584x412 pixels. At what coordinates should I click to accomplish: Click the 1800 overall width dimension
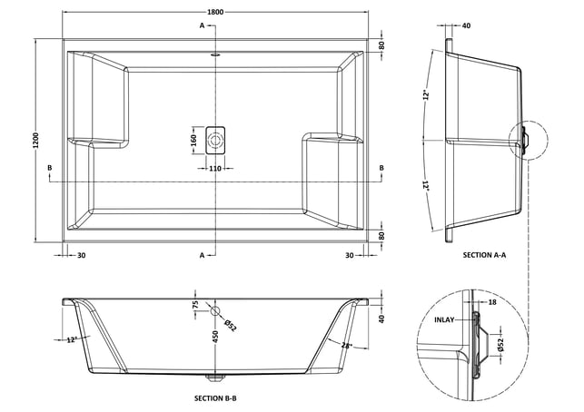coord(215,12)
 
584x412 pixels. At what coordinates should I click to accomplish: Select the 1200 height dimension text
coord(36,140)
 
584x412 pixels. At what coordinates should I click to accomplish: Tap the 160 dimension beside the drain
coord(193,141)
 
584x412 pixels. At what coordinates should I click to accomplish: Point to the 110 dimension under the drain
coord(215,169)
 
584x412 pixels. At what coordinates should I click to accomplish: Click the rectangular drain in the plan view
coord(215,141)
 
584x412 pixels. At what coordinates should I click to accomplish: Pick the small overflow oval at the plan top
coord(215,54)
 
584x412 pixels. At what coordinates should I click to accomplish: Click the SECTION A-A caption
coord(484,255)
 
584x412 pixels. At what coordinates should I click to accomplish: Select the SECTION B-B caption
coord(215,398)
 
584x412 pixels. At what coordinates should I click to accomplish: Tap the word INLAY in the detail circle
coord(444,319)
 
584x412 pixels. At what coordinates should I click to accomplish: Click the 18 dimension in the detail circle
coord(492,302)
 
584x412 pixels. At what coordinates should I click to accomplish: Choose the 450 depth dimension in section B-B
coord(215,337)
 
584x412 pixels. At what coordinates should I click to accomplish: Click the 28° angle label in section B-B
coord(346,346)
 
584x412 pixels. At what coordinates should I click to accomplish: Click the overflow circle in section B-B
coord(215,310)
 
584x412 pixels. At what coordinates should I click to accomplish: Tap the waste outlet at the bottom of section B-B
coord(215,378)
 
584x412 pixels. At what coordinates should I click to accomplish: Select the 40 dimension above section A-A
coord(466,25)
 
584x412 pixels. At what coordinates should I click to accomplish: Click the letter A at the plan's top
coord(202,25)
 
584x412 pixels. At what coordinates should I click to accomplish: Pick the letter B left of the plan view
coord(50,168)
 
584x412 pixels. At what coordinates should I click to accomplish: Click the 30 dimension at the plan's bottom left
coord(81,255)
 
